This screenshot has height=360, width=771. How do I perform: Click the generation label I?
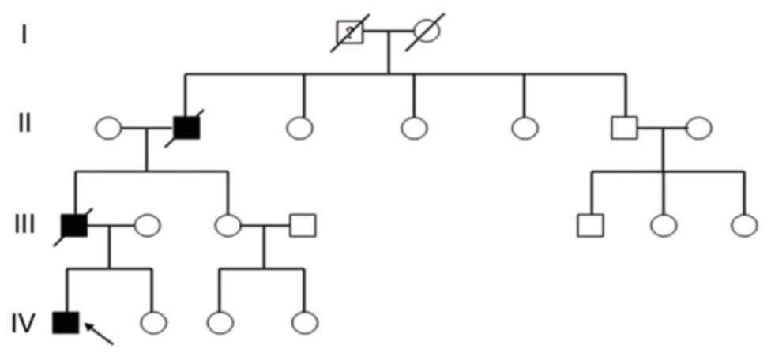click(24, 34)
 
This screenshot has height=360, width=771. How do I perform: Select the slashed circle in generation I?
click(426, 32)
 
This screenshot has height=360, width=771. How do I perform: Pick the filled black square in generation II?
click(186, 127)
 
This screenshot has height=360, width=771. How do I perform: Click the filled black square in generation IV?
click(66, 322)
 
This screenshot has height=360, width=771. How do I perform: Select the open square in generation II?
click(624, 127)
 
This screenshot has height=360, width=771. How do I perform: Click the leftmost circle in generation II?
click(108, 127)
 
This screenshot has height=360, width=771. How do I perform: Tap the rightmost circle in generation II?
click(698, 127)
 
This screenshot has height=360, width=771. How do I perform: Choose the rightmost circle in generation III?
click(744, 226)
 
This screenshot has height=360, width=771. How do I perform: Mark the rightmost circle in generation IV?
click(304, 322)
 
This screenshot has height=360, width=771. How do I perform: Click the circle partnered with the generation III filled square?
click(147, 226)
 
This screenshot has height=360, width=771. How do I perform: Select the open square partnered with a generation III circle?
click(303, 226)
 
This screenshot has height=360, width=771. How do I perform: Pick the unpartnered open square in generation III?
click(590, 226)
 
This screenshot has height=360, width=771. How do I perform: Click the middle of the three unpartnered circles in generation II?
click(414, 127)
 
